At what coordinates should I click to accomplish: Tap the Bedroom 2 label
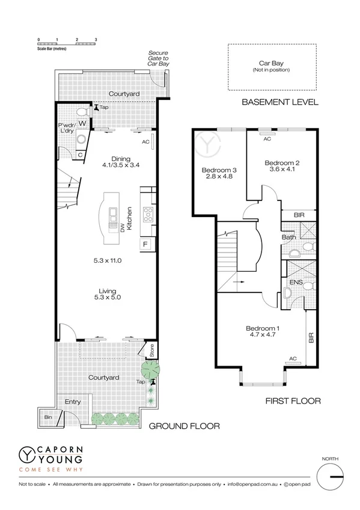coord(282,162)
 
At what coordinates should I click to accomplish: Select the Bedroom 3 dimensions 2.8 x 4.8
coord(219,178)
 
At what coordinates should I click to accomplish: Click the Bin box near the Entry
coord(47,416)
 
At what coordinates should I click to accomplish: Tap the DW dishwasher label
coord(123,227)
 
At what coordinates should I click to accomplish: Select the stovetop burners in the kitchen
coord(147,212)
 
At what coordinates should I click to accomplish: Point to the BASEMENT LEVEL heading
coord(279,102)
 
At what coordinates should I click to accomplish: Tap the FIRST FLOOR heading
coord(294,401)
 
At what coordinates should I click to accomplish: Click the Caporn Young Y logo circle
coord(26,455)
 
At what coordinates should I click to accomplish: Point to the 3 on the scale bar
coord(96,39)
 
